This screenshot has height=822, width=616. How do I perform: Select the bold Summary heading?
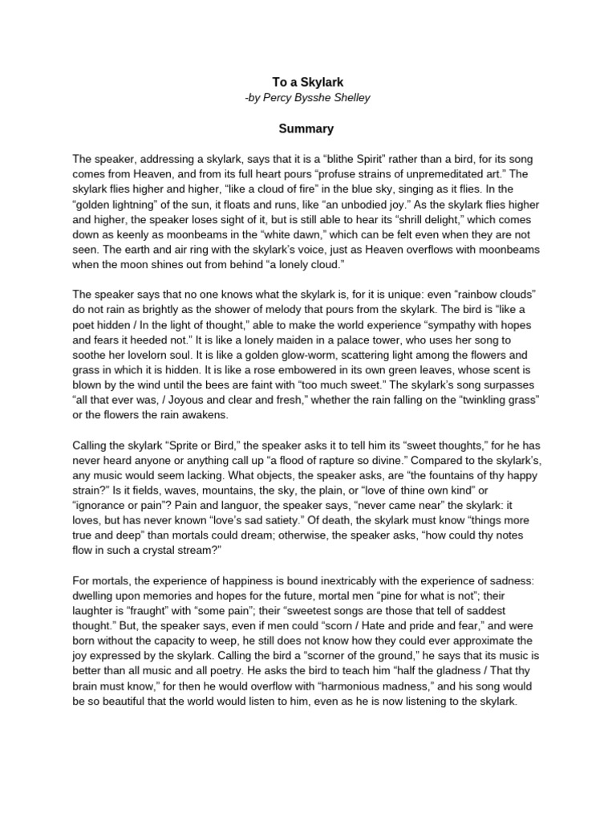306,128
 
